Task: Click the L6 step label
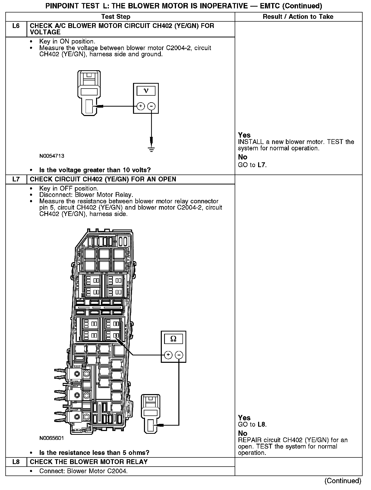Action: tap(16, 26)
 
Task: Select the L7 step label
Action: tap(16, 179)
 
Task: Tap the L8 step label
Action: tap(16, 462)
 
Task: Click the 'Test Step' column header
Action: tap(116, 17)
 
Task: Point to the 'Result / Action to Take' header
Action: tap(298, 17)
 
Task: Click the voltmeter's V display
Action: tap(146, 91)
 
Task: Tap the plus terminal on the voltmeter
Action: tap(141, 106)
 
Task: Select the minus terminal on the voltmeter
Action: tap(151, 106)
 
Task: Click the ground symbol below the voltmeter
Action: tap(151, 149)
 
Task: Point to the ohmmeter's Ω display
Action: tap(173, 339)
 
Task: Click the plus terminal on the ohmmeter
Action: tap(168, 355)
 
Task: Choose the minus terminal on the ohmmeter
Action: tap(179, 355)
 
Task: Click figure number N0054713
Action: tap(52, 156)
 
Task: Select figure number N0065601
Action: tap(51, 438)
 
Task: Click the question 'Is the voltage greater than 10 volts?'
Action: tap(95, 170)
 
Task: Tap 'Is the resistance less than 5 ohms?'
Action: tap(94, 453)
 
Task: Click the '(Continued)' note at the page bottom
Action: tap(343, 481)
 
